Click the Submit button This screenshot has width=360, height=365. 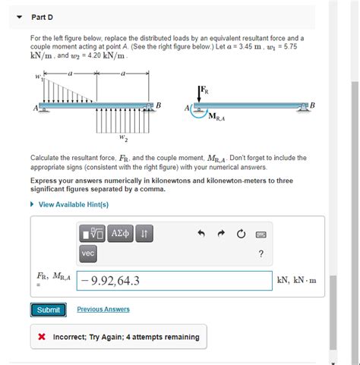[x=49, y=310]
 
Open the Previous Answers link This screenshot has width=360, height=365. [x=103, y=310]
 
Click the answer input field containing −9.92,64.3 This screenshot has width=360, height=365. [x=175, y=282]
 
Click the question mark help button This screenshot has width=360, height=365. [x=261, y=253]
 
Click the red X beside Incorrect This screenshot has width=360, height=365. [x=42, y=337]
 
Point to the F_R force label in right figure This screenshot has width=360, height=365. [x=204, y=92]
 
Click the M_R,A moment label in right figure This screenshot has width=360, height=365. [x=217, y=116]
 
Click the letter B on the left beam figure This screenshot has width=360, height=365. [x=158, y=104]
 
